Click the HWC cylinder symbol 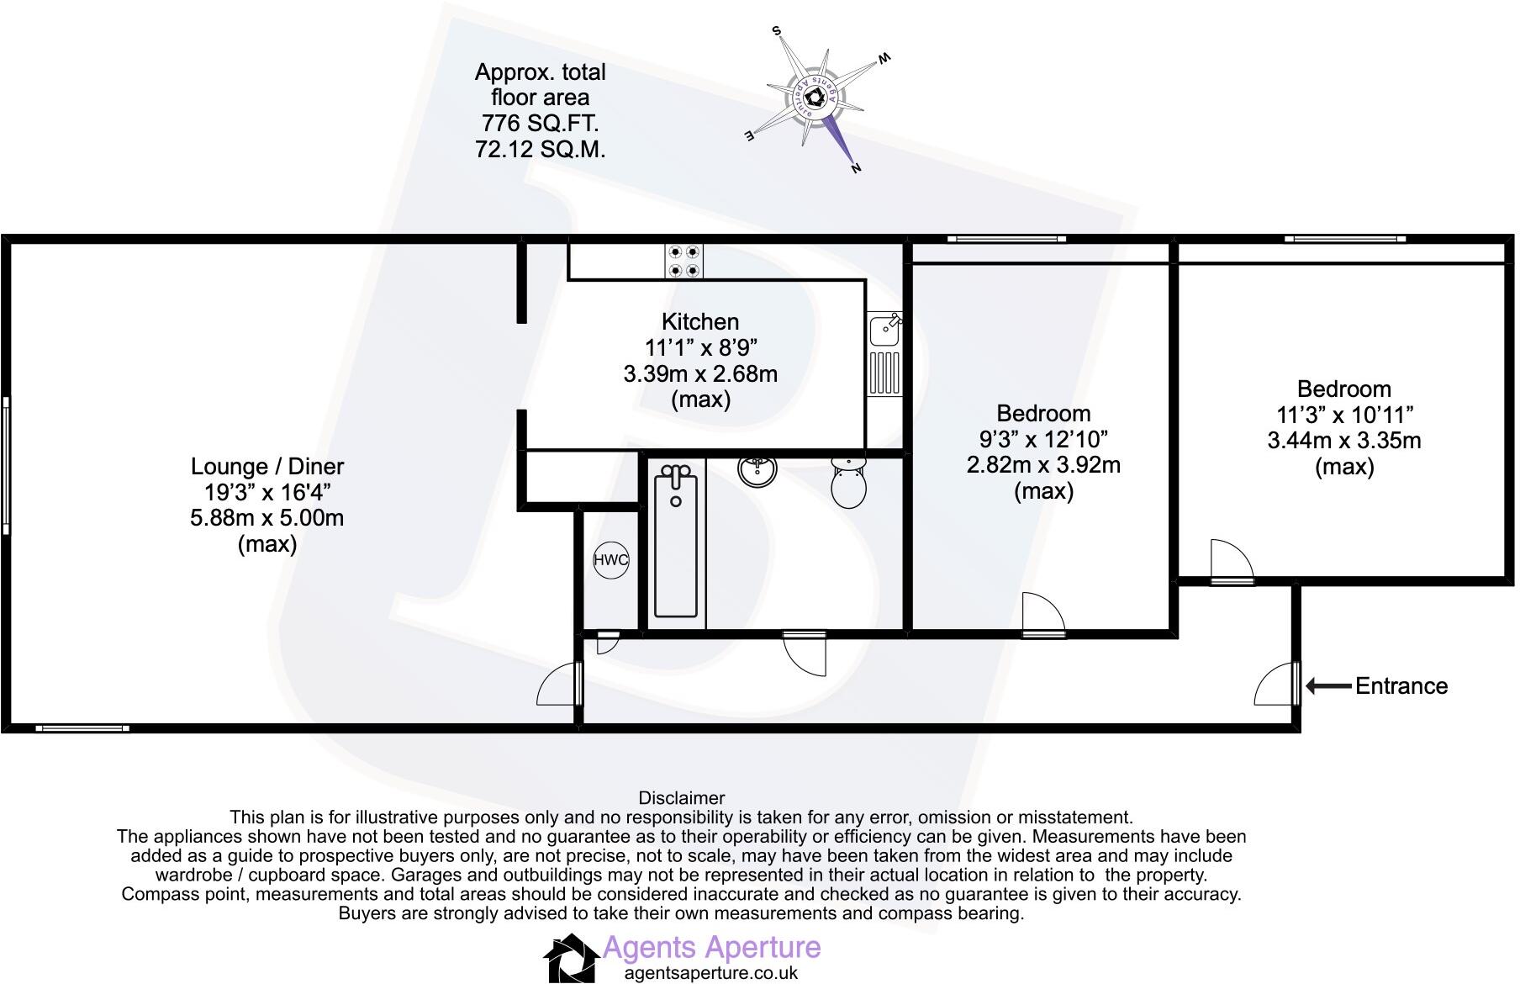point(610,561)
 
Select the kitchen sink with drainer point(884,353)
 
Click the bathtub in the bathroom point(677,542)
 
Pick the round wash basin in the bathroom point(759,471)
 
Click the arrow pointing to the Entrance point(1328,686)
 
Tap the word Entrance point(1401,686)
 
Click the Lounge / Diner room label point(267,467)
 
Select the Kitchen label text point(700,322)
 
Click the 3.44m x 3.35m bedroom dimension point(1343,441)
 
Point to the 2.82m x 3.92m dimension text point(1043,465)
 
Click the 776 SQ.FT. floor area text point(540,124)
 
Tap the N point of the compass point(856,167)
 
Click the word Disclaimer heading point(681,798)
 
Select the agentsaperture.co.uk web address point(710,973)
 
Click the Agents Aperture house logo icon point(572,958)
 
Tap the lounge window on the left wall point(6,466)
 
